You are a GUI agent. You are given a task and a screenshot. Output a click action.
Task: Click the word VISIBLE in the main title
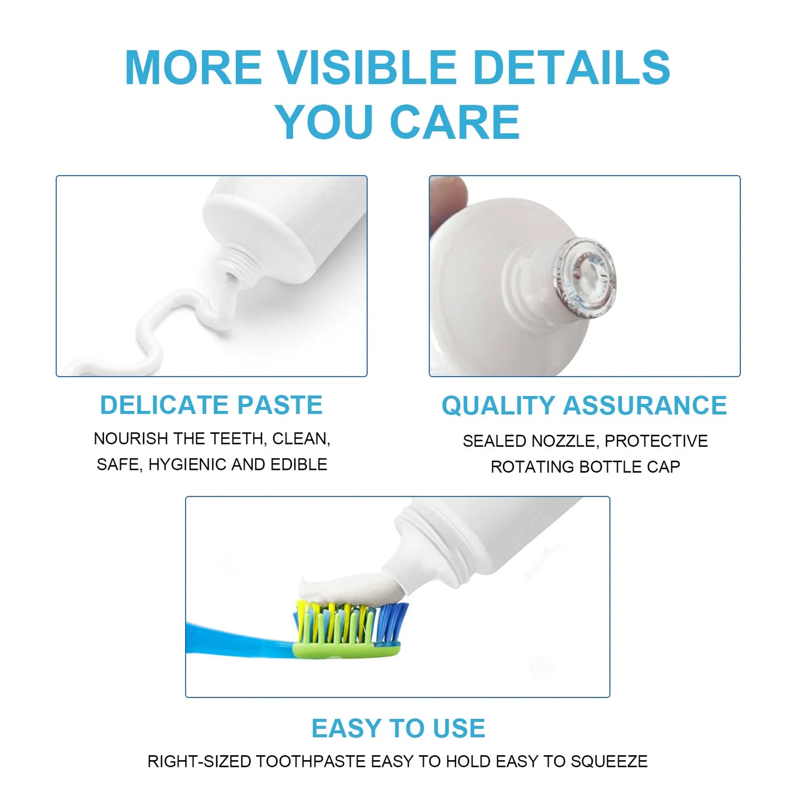click(366, 67)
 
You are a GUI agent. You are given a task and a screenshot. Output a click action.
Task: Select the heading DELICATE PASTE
click(211, 405)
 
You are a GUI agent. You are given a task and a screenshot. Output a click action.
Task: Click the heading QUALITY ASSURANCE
click(584, 406)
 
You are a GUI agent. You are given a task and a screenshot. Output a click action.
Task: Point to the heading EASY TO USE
click(398, 728)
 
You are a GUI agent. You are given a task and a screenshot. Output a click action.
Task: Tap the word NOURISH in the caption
click(131, 438)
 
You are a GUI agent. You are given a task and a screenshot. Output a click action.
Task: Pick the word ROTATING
click(532, 467)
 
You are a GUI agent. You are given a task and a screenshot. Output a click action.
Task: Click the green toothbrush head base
click(347, 650)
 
